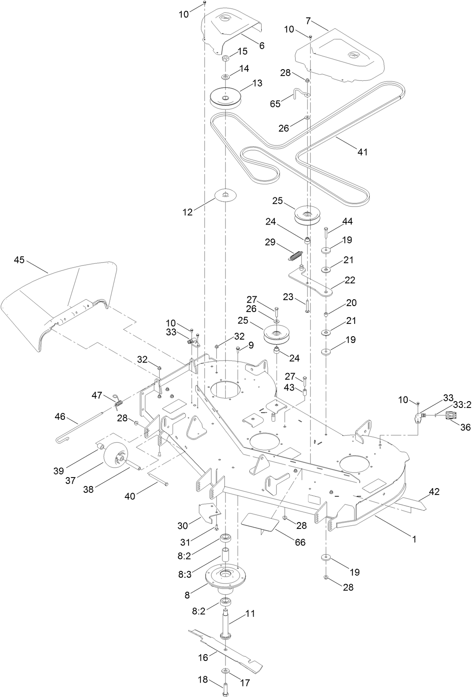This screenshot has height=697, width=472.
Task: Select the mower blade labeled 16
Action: tap(225, 648)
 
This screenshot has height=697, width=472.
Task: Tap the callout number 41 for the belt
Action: tap(362, 152)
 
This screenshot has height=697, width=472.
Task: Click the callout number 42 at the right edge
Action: tap(434, 492)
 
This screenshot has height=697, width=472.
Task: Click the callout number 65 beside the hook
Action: tap(275, 103)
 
